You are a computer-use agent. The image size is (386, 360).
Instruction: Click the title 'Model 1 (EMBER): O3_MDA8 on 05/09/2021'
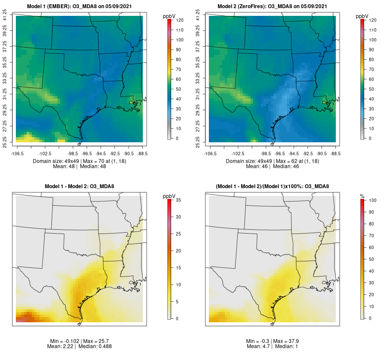click(79, 6)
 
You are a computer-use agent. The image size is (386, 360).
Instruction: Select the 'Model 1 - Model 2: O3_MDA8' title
click(79, 186)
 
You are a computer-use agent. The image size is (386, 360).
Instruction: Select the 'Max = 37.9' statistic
click(286, 341)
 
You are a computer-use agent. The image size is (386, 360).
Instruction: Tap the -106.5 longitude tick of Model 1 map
click(17, 153)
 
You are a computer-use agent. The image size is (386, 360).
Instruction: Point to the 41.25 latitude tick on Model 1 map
click(5, 16)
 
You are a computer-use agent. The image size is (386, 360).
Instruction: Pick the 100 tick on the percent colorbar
click(372, 200)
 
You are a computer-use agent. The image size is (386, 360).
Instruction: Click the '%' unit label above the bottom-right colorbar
click(362, 196)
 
